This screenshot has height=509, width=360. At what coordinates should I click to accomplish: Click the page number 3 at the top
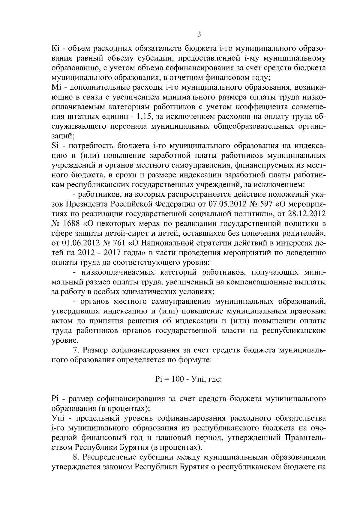199,34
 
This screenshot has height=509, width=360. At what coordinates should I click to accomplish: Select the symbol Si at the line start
55,146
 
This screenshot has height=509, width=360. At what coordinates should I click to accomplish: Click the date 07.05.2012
227,204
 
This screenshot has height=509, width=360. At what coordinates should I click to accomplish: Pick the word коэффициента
265,107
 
